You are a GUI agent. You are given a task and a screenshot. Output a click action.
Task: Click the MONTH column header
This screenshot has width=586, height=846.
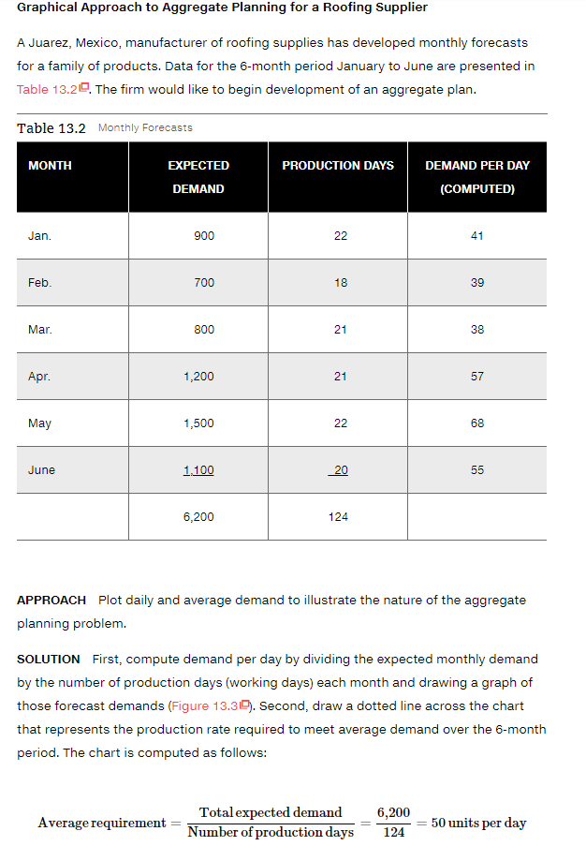pyautogui.click(x=50, y=166)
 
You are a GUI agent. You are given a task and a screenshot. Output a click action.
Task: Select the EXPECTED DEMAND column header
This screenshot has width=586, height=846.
pyautogui.click(x=198, y=177)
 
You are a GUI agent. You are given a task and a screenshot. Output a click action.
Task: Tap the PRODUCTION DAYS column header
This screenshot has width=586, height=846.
pyautogui.click(x=338, y=166)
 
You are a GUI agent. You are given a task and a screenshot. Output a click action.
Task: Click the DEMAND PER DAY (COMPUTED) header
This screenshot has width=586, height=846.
pyautogui.click(x=476, y=177)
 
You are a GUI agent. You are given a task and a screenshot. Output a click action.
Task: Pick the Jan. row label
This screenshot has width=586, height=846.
pyautogui.click(x=39, y=236)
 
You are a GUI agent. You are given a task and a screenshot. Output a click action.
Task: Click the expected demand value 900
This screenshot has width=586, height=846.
pyautogui.click(x=204, y=236)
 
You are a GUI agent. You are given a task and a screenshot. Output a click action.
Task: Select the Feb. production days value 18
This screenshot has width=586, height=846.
pyautogui.click(x=340, y=283)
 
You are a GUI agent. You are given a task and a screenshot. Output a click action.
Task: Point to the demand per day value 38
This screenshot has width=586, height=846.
pyautogui.click(x=476, y=330)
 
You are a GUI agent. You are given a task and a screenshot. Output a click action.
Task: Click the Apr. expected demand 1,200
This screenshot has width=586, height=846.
pyautogui.click(x=198, y=377)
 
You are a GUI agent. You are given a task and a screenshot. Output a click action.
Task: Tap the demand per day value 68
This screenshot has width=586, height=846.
pyautogui.click(x=476, y=423)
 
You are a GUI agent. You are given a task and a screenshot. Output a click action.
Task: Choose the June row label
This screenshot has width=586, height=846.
pyautogui.click(x=41, y=470)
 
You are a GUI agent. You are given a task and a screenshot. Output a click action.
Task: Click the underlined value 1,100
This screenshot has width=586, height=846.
pyautogui.click(x=198, y=470)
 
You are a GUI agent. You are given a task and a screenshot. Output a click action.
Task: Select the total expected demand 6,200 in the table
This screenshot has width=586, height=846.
pyautogui.click(x=198, y=517)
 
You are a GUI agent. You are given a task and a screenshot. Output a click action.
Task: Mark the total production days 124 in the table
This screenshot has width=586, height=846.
pyautogui.click(x=339, y=517)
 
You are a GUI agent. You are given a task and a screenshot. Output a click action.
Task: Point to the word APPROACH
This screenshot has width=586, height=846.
pyautogui.click(x=51, y=600)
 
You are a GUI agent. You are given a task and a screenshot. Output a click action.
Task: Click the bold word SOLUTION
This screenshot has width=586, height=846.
pyautogui.click(x=49, y=660)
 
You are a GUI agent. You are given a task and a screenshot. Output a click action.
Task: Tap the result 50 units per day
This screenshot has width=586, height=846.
pyautogui.click(x=477, y=823)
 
